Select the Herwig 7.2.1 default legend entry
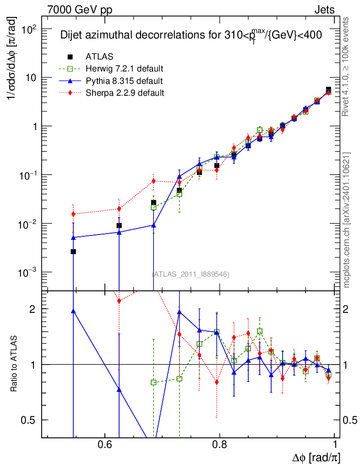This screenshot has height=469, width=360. (124, 69)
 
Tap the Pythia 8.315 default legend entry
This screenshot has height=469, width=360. (124, 81)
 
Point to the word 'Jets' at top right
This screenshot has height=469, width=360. (324, 9)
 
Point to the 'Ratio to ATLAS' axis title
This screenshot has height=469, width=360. (14, 364)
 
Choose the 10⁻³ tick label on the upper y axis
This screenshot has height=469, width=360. (25, 273)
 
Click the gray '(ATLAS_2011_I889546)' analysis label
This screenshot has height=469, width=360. (191, 274)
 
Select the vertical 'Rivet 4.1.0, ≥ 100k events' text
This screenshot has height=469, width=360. (347, 66)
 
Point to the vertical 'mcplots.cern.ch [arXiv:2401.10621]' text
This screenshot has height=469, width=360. (347, 220)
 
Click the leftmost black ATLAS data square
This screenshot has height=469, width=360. (73, 251)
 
